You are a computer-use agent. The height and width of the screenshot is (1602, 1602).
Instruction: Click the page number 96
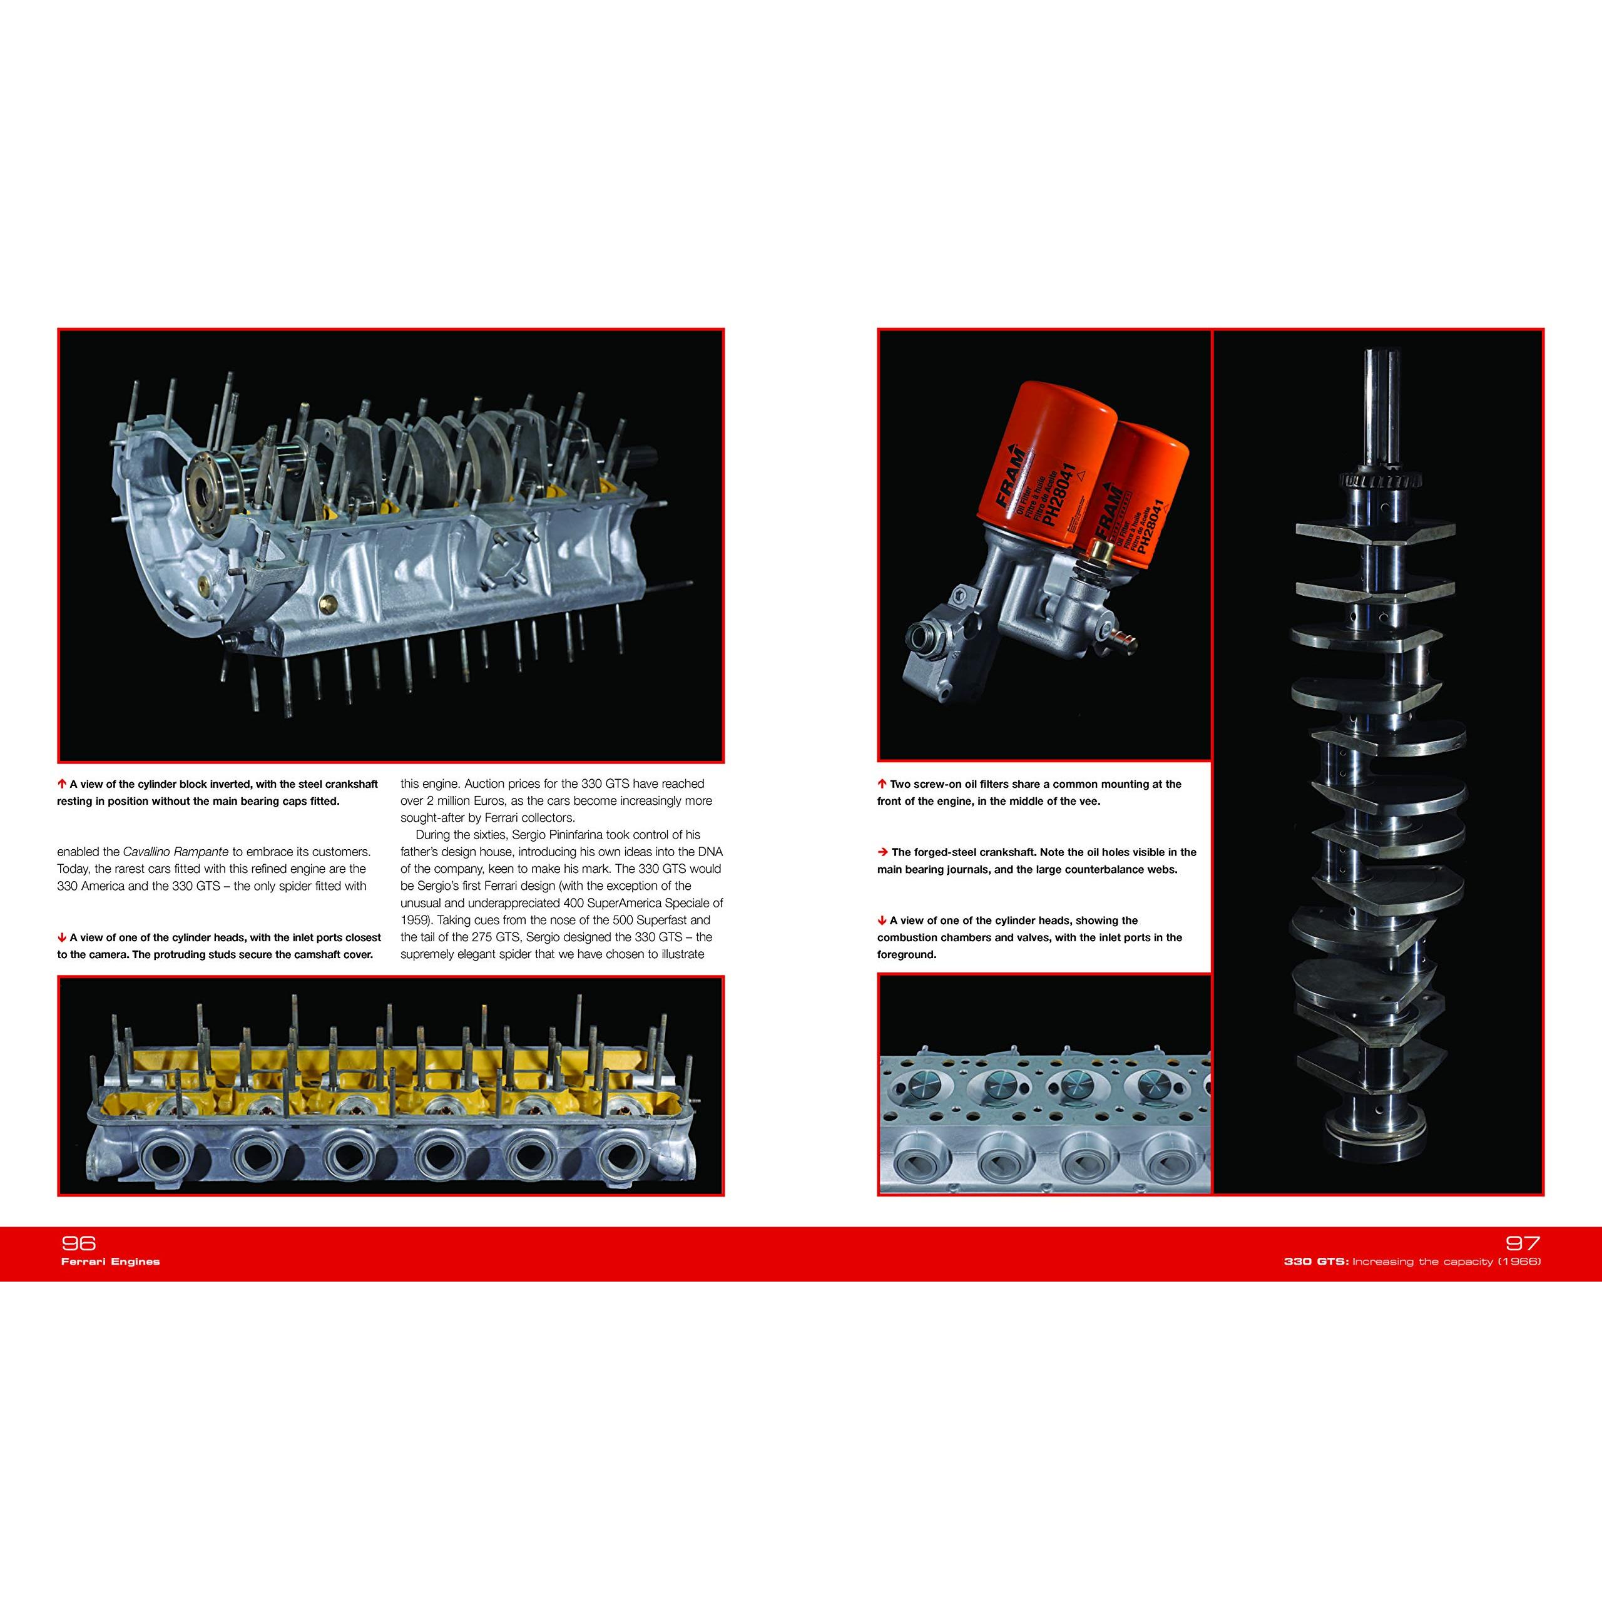tap(79, 1242)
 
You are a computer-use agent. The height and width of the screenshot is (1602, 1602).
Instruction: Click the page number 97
tap(1521, 1242)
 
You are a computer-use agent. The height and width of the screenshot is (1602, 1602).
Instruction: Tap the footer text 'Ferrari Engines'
tap(110, 1261)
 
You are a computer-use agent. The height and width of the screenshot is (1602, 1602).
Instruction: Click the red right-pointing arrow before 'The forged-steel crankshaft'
tap(882, 852)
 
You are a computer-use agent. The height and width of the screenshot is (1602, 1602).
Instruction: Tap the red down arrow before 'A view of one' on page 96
tap(62, 937)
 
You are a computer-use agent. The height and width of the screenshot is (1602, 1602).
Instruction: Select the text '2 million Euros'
tap(446, 800)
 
